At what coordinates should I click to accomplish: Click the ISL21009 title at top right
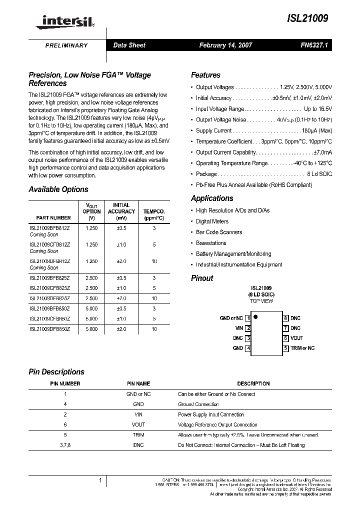point(307,18)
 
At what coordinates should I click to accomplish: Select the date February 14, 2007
point(225,45)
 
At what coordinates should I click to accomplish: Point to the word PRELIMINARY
point(66,45)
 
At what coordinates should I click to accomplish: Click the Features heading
point(205,75)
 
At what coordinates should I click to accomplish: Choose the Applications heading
point(212,198)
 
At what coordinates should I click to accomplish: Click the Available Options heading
point(58,189)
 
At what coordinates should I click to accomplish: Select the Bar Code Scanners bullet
point(219,232)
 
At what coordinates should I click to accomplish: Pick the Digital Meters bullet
point(212,221)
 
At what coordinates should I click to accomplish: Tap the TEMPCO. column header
point(154,211)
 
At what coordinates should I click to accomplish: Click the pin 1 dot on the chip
point(255,316)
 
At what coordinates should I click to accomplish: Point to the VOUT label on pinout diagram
point(297,338)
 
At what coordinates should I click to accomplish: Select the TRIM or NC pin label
point(303,348)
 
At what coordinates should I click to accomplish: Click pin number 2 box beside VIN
point(248,328)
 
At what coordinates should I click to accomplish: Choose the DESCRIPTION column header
point(253,383)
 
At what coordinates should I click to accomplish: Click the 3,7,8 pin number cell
point(65,445)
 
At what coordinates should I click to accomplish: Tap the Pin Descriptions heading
point(56,372)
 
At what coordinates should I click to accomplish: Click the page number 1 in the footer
point(100,481)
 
